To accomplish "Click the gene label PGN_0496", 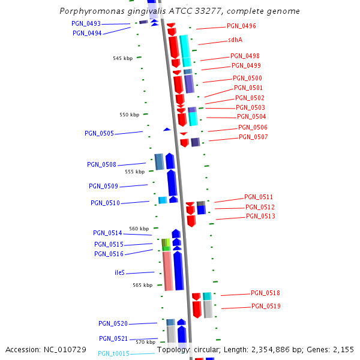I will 241,26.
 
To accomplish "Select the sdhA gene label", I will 235,40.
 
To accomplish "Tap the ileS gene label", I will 119,272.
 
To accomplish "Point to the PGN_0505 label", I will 99,134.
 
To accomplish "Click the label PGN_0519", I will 266,307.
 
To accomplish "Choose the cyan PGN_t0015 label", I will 113,354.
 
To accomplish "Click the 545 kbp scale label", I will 122,58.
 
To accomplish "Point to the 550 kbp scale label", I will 129,115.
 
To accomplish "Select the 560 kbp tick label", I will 139,229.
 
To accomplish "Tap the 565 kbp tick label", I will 142,286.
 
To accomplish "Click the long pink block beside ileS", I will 168,271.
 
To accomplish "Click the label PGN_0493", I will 86,24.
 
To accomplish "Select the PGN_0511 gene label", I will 259,197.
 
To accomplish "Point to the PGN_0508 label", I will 101,164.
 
